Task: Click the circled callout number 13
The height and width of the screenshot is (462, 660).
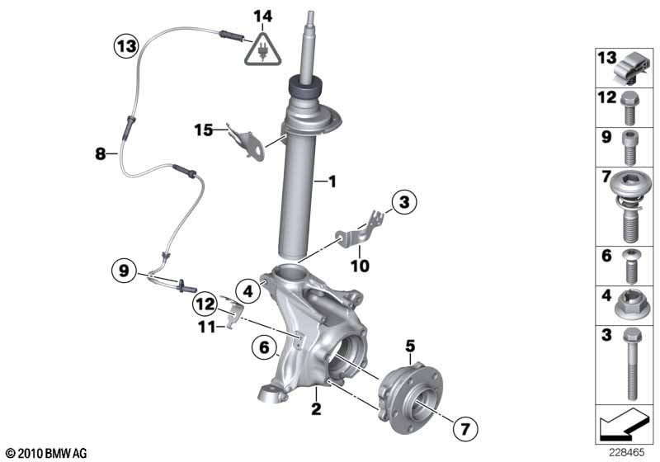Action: (125, 46)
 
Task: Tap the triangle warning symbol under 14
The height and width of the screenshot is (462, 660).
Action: (262, 50)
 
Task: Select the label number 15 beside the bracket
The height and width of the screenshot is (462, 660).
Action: (204, 129)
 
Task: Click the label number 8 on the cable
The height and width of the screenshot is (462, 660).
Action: (100, 153)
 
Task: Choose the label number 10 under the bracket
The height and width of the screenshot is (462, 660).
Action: (361, 266)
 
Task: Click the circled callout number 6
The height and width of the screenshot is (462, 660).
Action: (264, 350)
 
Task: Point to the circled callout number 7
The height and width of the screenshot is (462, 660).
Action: (464, 427)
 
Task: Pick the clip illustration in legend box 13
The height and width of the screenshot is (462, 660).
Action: (631, 68)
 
